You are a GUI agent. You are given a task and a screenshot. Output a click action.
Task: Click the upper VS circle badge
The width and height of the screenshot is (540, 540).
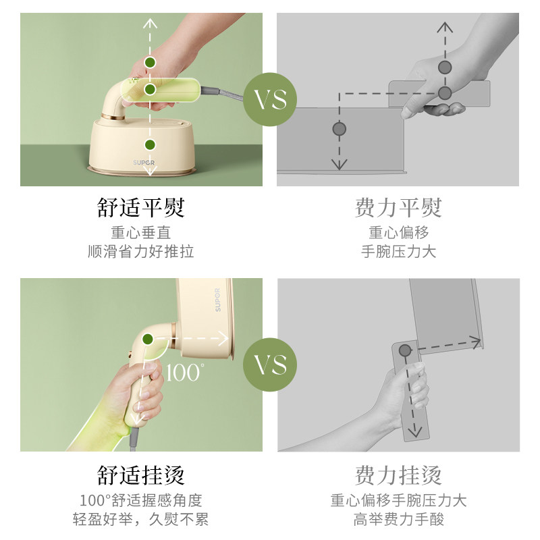tap(270, 99)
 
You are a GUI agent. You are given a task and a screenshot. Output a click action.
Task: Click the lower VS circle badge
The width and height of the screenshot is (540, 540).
tap(270, 364)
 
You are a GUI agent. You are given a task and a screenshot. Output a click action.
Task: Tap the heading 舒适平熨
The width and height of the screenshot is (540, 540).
tap(141, 208)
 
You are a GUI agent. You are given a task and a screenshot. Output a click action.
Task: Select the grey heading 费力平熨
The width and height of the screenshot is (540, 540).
tap(398, 208)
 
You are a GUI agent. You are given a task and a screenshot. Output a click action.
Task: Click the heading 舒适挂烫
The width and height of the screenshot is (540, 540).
tap(141, 475)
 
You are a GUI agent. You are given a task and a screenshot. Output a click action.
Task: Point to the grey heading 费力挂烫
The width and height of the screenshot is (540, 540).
tap(398, 475)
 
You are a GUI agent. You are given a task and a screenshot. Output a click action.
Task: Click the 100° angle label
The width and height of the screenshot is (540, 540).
tap(184, 373)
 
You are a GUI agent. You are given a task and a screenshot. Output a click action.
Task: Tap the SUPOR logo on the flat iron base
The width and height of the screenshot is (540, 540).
tap(144, 162)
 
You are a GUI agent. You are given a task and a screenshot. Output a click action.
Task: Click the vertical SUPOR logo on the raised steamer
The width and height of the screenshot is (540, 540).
tap(217, 300)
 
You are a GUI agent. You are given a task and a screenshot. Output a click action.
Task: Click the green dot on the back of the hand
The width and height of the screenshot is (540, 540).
tap(150, 62)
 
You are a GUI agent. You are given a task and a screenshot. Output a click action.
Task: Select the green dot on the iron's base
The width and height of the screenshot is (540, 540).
tap(150, 145)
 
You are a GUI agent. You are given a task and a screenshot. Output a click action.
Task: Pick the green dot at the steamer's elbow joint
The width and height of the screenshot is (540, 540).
tap(148, 340)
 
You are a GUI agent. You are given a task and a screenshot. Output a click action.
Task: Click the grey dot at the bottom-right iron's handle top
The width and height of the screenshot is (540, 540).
tap(405, 350)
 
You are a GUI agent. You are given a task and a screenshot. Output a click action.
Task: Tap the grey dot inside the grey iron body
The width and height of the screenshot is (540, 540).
tap(340, 129)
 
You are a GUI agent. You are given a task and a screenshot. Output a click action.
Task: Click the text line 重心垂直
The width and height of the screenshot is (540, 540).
tap(141, 232)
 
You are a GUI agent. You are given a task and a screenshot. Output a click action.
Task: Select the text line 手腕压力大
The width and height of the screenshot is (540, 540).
tap(398, 251)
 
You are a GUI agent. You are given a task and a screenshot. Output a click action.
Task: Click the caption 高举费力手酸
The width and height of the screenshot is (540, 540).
tap(398, 519)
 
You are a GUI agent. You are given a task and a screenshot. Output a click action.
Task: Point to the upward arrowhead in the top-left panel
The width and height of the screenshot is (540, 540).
tap(150, 23)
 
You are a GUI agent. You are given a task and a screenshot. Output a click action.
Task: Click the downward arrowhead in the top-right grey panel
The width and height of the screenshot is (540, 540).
tap(340, 165)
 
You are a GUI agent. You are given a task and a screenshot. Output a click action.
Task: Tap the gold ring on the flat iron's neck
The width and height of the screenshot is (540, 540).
tap(113, 117)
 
